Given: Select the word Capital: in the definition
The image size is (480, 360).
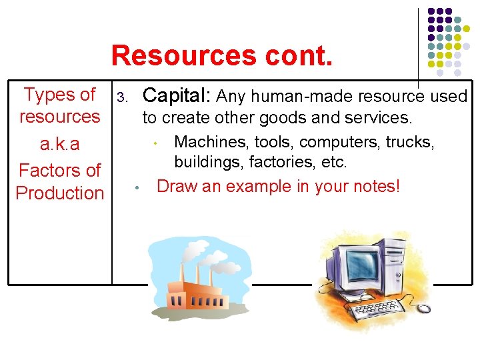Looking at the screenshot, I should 177,96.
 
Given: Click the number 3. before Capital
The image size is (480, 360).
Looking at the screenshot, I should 121,98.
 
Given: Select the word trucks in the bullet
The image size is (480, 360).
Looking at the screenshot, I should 411,142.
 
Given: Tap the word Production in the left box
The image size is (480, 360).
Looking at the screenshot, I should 60,193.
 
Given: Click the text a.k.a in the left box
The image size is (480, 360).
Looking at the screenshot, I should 60,145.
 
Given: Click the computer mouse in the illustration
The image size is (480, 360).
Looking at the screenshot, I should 424,307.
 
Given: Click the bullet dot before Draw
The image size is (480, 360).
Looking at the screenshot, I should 136,187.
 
